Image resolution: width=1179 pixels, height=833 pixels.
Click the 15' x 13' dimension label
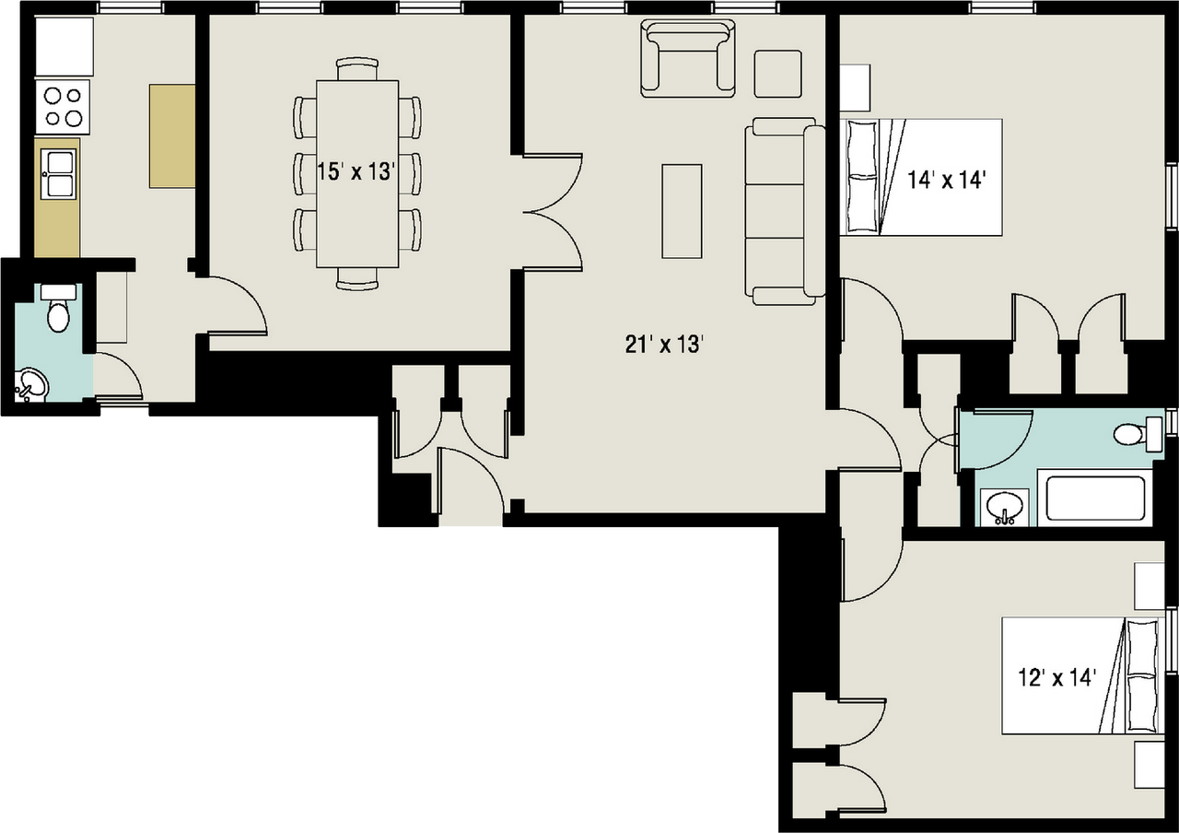pos(356,171)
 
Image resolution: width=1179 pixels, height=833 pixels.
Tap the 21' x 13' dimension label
pos(664,345)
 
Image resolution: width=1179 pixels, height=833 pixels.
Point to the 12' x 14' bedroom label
pos(1056,678)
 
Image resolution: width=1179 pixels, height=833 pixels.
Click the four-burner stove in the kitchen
pos(63,107)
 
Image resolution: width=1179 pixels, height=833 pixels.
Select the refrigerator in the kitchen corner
pos(64,46)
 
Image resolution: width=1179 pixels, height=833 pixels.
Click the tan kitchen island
pos(172,136)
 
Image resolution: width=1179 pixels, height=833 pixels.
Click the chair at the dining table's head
pos(357,68)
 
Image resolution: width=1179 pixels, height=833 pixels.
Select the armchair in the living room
pos(689,59)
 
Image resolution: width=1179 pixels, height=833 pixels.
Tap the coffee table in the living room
pos(682,211)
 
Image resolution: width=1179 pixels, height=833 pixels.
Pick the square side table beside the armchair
pos(777,74)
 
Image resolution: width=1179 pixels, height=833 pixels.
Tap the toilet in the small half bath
pos(59,310)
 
